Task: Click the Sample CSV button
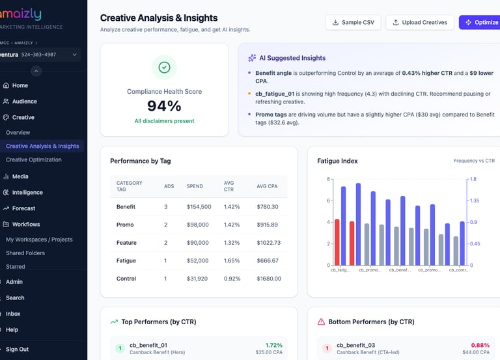point(354,22)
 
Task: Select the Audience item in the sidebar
point(25,102)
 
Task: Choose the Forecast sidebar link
point(23,208)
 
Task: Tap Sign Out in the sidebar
point(17,350)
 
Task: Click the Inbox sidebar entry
point(13,314)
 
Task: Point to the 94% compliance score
point(164,106)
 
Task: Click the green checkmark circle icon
point(164,67)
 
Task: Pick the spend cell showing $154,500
point(199,207)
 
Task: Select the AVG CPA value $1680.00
point(269,279)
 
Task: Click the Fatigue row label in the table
point(126,260)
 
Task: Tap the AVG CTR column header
point(229,186)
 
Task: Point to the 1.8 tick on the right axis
point(473,179)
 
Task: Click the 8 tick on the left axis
point(327,179)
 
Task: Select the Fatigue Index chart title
point(337,161)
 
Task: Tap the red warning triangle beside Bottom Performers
point(321,322)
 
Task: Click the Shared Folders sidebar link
point(25,253)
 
